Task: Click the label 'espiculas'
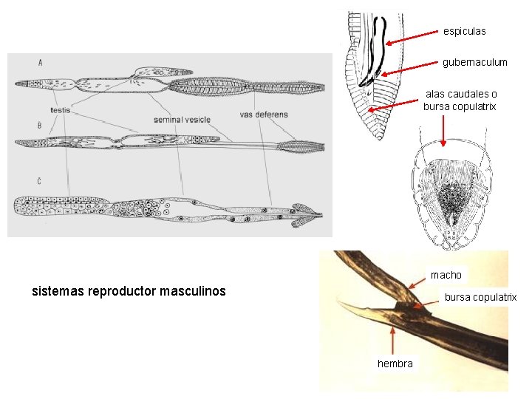pyautogui.click(x=464, y=31)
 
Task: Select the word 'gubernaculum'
pyautogui.click(x=474, y=62)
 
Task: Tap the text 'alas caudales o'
pyautogui.click(x=461, y=94)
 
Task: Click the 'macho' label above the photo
pyautogui.click(x=446, y=275)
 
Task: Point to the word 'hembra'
pyautogui.click(x=395, y=363)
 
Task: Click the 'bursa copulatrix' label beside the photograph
pyautogui.click(x=480, y=297)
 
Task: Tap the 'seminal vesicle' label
pyautogui.click(x=182, y=119)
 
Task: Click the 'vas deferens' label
pyautogui.click(x=264, y=115)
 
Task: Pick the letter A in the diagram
pyautogui.click(x=40, y=62)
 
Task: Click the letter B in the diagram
pyautogui.click(x=38, y=124)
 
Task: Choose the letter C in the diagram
pyautogui.click(x=38, y=180)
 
